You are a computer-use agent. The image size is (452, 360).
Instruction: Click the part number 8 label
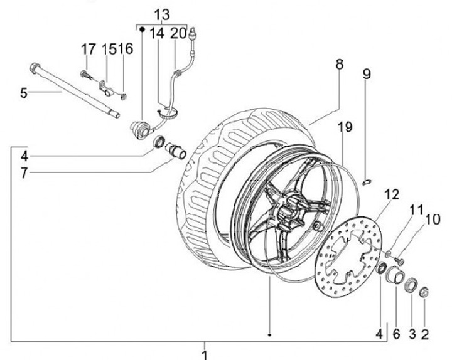tap(339, 64)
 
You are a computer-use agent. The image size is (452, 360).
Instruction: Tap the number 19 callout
tap(342, 128)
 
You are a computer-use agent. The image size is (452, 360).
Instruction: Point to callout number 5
tap(23, 93)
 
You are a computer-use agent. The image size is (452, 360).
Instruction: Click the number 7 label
tap(23, 172)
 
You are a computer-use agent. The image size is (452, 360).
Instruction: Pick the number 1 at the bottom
tap(204, 354)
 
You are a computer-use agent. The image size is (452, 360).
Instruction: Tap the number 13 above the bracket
tap(161, 14)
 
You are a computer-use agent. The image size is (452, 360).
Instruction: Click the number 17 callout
tap(87, 49)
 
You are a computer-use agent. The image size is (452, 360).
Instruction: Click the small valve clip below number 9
tap(368, 181)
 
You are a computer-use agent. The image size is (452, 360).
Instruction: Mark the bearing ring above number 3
tap(411, 283)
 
